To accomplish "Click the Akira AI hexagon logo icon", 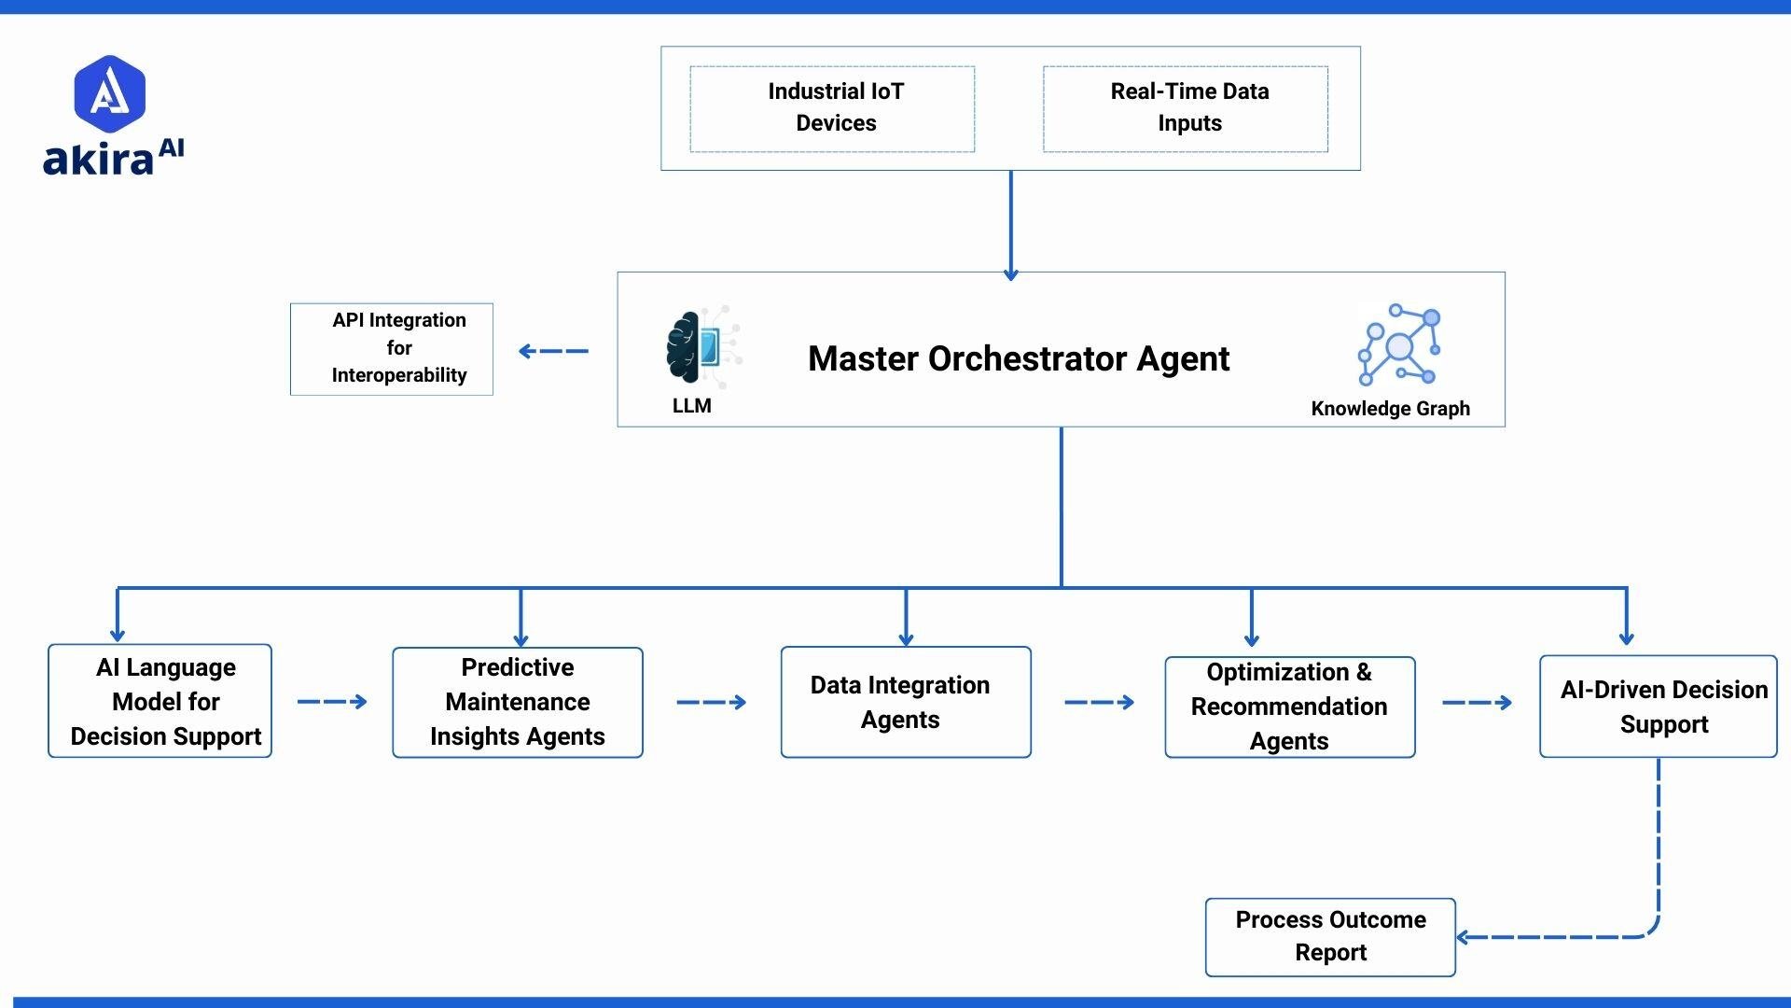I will point(110,93).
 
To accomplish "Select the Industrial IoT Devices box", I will point(832,108).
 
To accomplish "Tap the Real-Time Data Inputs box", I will point(1186,108).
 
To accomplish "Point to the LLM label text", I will point(691,406).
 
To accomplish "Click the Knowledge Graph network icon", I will point(1399,344).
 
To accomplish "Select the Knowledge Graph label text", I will point(1390,409).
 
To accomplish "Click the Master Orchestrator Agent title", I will point(1018,358).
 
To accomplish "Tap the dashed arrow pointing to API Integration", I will point(553,351).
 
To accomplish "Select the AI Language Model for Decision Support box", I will point(160,701).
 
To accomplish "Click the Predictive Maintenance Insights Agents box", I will point(518,702).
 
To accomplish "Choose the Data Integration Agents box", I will point(906,702).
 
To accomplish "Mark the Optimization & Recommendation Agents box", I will point(1289,707).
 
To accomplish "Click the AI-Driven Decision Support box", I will point(1658,707).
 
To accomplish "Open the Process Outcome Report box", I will point(1330,936).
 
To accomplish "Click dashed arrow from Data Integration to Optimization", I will point(1099,702).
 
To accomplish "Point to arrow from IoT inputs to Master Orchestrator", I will point(1010,224).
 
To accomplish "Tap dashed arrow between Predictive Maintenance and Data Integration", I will point(711,702).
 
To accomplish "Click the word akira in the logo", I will point(97,160).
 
